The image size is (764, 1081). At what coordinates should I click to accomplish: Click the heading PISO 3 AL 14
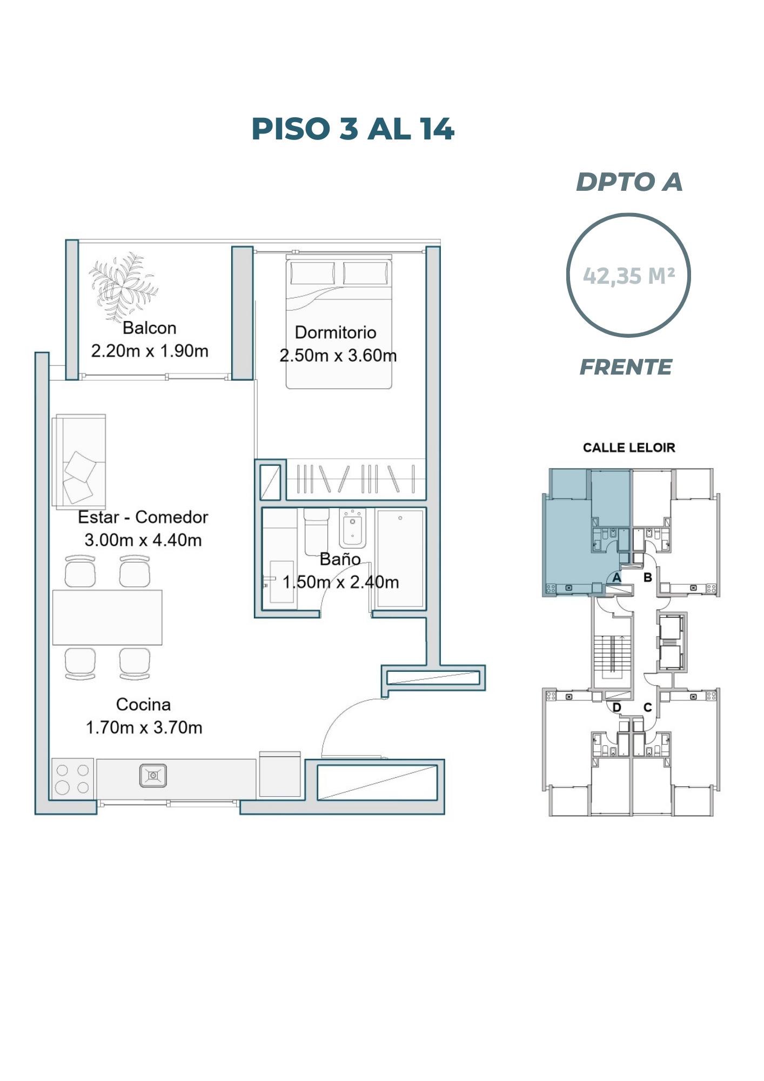pos(353,129)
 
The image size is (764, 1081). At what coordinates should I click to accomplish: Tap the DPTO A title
pos(629,182)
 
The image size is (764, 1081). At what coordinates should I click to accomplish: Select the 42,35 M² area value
pos(629,276)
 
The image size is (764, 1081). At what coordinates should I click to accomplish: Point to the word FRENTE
pos(626,367)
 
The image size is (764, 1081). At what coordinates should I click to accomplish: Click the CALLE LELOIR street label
pos(629,448)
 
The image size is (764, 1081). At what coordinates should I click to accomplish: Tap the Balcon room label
pos(150,328)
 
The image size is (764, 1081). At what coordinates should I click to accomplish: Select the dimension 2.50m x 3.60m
pos(338,356)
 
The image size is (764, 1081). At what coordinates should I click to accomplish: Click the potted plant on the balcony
pos(124,286)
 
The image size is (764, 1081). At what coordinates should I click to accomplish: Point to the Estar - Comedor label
pos(143,517)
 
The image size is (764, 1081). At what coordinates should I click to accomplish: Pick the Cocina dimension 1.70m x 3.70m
pos(144,728)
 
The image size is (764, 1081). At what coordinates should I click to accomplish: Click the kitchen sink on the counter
pos(153,776)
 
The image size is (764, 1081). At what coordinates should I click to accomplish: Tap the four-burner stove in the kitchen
pos(72,778)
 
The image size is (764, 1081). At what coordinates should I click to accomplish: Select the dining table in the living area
pos(108,617)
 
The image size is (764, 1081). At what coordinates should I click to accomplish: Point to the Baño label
pos(340,559)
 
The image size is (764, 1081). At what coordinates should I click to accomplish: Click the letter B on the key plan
pos(648,577)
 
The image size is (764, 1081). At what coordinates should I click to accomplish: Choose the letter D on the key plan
pos(616,708)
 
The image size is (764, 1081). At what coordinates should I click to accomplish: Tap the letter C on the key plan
pos(648,708)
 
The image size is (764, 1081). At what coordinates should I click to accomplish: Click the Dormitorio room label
pos(336,332)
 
